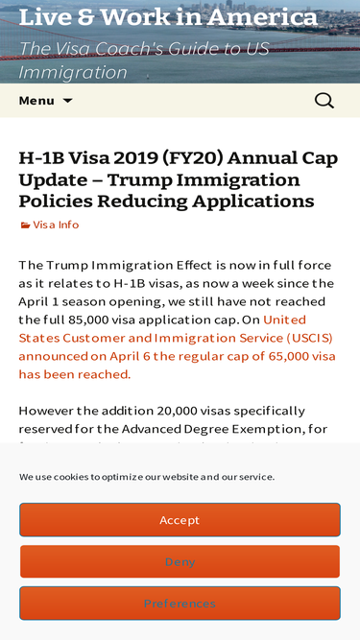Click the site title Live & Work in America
[x=168, y=17]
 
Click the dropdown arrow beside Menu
[x=67, y=101]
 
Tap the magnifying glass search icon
[x=324, y=101]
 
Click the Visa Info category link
[x=56, y=225]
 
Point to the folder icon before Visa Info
[x=25, y=225]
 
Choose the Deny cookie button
[x=180, y=561]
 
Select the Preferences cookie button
[x=180, y=604]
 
